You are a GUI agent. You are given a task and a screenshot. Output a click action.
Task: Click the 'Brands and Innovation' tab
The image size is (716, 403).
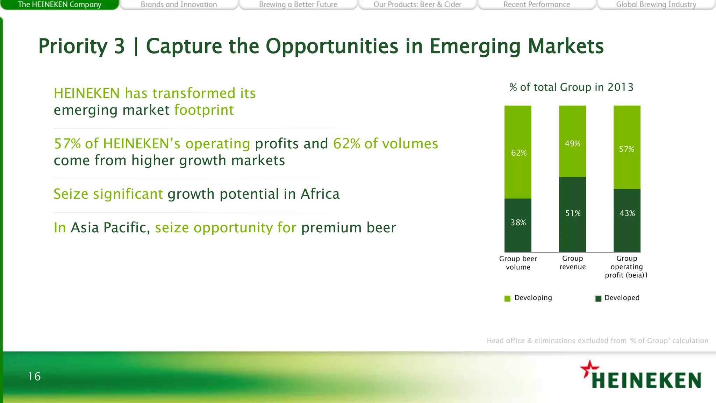(x=179, y=5)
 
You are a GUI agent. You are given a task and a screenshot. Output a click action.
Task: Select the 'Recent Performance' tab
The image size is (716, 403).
(x=537, y=5)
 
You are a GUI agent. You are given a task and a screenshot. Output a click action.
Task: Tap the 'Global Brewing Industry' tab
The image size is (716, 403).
(x=656, y=5)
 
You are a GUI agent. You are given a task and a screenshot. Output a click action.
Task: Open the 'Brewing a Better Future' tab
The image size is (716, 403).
(x=298, y=5)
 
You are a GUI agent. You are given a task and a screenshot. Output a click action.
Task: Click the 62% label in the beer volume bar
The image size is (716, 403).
(x=518, y=153)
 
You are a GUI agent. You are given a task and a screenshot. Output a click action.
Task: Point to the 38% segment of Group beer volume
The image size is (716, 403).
(x=518, y=224)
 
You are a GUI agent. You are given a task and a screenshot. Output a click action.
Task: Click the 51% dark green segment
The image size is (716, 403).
(x=572, y=214)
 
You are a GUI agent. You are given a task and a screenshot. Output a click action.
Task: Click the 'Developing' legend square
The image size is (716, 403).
(x=508, y=298)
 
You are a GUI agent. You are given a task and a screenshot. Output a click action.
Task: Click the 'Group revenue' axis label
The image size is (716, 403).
(x=572, y=263)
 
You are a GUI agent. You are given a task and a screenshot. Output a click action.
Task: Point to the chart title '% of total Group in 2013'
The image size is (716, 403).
(x=571, y=87)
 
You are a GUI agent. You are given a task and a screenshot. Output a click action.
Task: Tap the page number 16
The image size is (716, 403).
(x=34, y=376)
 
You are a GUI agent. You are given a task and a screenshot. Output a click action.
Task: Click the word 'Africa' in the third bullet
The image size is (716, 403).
(x=320, y=194)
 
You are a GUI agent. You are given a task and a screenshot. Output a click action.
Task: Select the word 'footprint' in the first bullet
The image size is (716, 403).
(x=204, y=110)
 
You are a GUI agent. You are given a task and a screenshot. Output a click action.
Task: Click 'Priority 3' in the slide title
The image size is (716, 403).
(x=81, y=46)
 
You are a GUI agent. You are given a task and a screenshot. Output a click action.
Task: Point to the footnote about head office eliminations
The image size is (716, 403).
(x=597, y=341)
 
